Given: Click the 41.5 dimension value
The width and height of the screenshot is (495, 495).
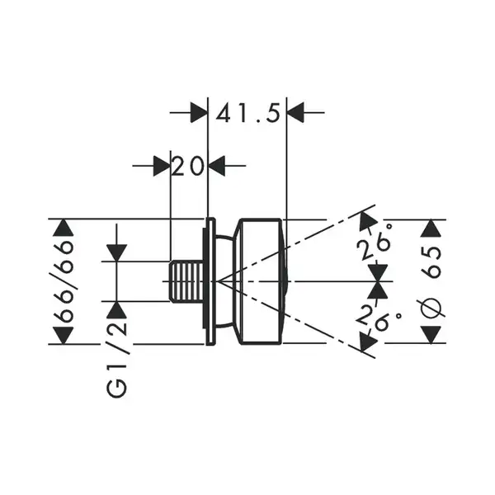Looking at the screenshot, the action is pos(248,114).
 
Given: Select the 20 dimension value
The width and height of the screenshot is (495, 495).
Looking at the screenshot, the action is pos(188,166).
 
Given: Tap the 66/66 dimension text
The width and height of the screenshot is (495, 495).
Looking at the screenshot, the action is pos(64,281).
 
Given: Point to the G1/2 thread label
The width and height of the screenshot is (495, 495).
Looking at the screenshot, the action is pos(117,359).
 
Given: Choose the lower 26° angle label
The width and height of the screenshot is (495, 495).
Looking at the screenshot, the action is pos(378,318).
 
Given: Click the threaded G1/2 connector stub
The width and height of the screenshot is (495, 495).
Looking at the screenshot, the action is pos(187,281).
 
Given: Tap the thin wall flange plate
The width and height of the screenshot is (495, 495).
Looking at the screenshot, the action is pos(210,281).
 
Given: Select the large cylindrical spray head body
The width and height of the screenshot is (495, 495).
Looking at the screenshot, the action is pos(260,281).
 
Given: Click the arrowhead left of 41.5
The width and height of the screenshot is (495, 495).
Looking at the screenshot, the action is pos(199,112).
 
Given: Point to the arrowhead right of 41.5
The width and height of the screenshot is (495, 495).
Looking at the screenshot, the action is pos(295,112).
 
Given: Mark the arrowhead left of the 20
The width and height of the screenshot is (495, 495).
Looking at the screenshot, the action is pos(162,166).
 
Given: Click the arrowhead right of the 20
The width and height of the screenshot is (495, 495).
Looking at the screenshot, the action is pos(216,166).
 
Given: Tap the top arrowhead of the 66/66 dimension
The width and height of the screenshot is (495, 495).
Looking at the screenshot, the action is pos(64,228).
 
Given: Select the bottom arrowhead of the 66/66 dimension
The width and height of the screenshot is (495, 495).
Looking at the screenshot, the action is pos(64,335).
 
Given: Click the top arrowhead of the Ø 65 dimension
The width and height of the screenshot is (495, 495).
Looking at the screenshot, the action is pos(431,229).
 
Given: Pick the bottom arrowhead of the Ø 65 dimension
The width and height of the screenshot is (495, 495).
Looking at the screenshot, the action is pos(431,335).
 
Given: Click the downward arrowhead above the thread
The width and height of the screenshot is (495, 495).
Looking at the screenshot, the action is pos(117,253).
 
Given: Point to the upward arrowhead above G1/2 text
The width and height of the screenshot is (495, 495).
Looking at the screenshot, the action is pos(117,310).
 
